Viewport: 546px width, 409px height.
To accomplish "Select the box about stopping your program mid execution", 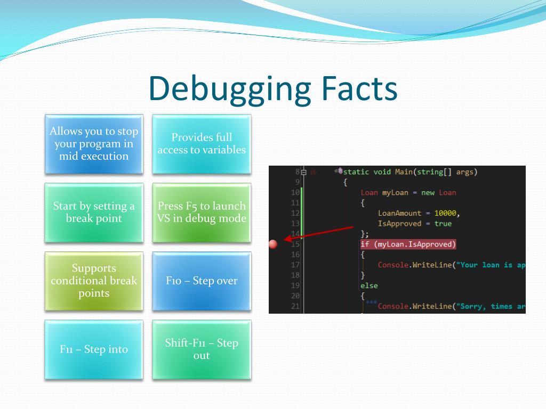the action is coord(94,144).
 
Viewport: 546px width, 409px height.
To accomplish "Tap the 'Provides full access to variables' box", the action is coord(202,144).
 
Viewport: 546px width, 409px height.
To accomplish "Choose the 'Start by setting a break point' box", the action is coord(94,212).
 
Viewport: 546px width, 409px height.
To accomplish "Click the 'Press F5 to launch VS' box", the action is coord(202,212).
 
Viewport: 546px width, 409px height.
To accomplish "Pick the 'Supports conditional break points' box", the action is coord(94,281).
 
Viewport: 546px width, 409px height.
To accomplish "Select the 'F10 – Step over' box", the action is coord(202,281).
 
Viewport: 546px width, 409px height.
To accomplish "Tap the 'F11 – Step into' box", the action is coord(94,349).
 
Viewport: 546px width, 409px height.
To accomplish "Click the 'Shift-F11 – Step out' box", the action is coord(202,349).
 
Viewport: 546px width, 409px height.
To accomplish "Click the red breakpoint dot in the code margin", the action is coord(274,244).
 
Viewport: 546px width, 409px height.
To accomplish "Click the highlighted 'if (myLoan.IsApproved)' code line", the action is coord(408,244).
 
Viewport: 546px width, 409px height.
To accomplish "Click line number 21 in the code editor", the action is coord(295,306).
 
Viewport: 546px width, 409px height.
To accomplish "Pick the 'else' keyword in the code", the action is coord(369,285).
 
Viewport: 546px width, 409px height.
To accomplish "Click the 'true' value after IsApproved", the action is coord(443,224).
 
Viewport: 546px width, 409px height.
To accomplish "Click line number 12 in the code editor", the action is coord(295,213).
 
